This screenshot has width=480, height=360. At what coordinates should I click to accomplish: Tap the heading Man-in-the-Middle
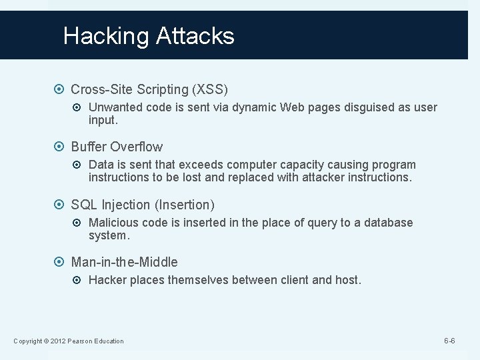[x=124, y=262]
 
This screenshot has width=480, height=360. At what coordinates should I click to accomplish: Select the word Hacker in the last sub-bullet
[x=107, y=281]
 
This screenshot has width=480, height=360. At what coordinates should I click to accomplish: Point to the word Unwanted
[x=114, y=107]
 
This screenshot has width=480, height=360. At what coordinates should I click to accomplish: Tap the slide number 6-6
[x=449, y=341]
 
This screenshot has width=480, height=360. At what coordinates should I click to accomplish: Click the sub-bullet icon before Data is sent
[x=79, y=165]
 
